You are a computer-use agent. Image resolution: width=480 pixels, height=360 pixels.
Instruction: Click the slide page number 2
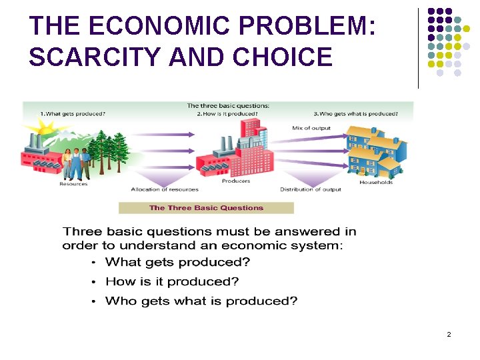tap(449, 333)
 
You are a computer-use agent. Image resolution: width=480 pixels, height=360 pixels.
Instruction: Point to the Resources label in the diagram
tap(73, 184)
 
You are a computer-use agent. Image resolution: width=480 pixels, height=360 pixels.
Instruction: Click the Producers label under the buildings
tap(236, 181)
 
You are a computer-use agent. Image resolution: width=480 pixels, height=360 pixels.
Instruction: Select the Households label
tap(376, 183)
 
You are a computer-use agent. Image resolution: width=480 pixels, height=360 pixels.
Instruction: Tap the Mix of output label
tap(311, 128)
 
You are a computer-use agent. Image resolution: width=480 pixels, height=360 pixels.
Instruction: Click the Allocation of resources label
tap(165, 189)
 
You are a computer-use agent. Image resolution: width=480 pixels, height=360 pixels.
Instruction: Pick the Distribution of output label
tap(310, 189)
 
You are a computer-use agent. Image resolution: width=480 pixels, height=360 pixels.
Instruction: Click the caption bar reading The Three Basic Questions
tap(206, 208)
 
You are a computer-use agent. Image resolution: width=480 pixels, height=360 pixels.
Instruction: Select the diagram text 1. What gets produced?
tap(73, 113)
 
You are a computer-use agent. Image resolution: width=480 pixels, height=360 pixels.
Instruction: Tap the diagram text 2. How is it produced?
tap(227, 113)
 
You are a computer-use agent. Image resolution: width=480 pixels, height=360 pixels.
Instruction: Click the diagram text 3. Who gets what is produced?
tap(355, 113)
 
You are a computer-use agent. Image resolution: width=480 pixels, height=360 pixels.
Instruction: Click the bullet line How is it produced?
tap(172, 281)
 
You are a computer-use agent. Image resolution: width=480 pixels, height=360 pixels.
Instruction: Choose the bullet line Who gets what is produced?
tap(201, 301)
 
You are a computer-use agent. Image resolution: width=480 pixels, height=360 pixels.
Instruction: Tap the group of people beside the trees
tap(77, 163)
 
